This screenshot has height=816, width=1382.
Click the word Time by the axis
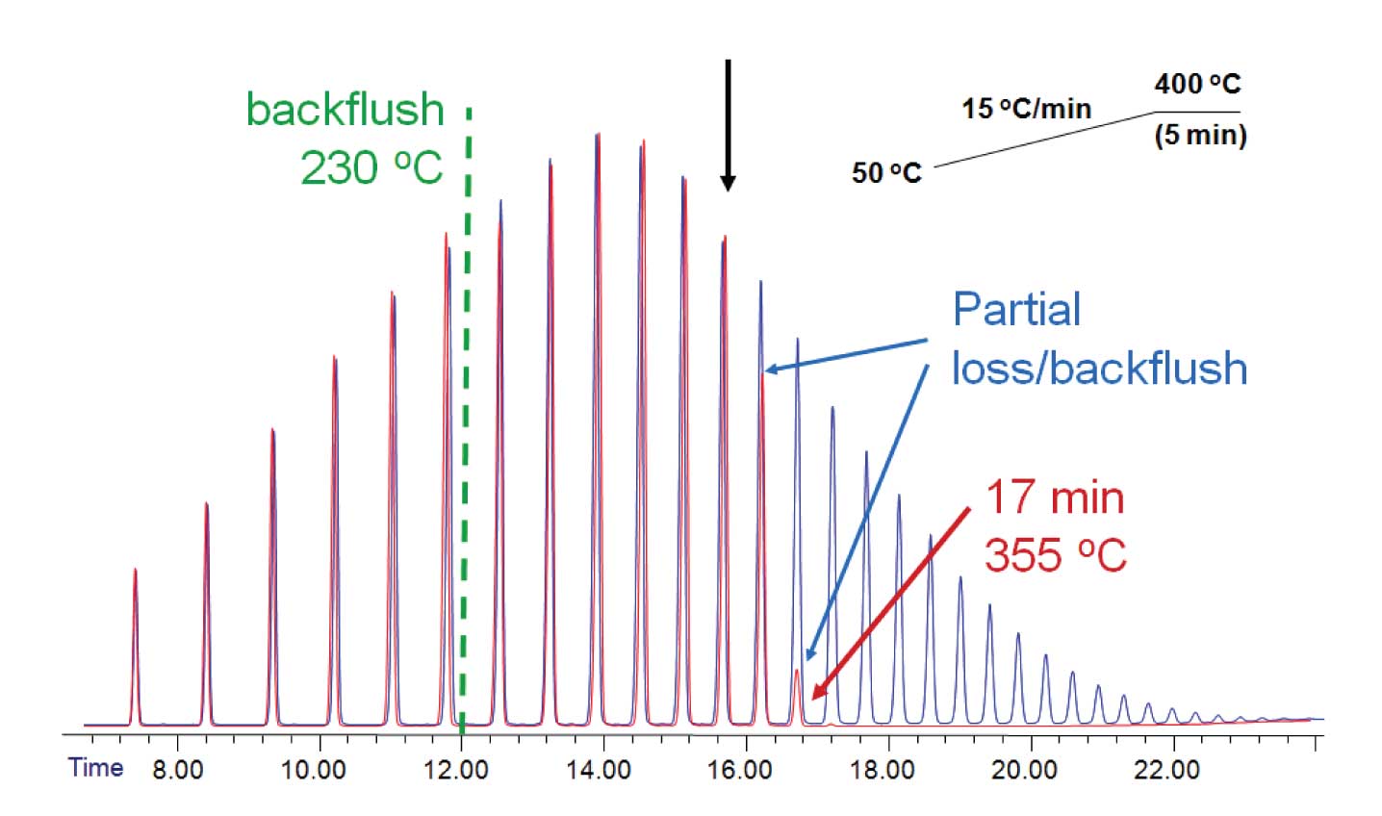[x=95, y=768]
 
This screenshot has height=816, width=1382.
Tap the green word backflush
[x=345, y=111]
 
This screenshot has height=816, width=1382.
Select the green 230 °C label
[x=371, y=167]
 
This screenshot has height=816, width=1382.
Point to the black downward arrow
[x=728, y=125]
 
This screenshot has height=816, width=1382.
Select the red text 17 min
[x=1054, y=498]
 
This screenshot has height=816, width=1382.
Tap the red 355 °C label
[x=1055, y=555]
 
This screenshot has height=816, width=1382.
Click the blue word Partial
[x=1016, y=310]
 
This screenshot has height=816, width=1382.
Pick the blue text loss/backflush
[x=1099, y=369]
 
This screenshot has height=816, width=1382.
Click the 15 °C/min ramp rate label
[x=1026, y=108]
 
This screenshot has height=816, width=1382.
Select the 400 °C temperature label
[x=1197, y=85]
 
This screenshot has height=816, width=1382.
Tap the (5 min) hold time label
[x=1200, y=135]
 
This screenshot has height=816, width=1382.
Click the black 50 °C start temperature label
[x=886, y=173]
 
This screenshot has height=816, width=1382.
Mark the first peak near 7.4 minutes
[x=135, y=645]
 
